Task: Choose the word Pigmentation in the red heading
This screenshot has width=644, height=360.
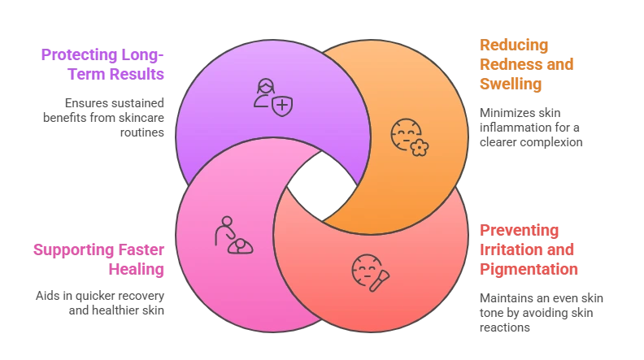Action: (x=529, y=268)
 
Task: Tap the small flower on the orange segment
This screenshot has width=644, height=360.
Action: (x=418, y=148)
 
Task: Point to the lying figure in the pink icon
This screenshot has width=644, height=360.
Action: (x=240, y=245)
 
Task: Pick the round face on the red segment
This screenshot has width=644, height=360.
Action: (x=365, y=269)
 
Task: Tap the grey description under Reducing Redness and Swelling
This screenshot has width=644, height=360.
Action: (x=529, y=128)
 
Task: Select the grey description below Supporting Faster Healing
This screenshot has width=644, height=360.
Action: (x=100, y=302)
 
